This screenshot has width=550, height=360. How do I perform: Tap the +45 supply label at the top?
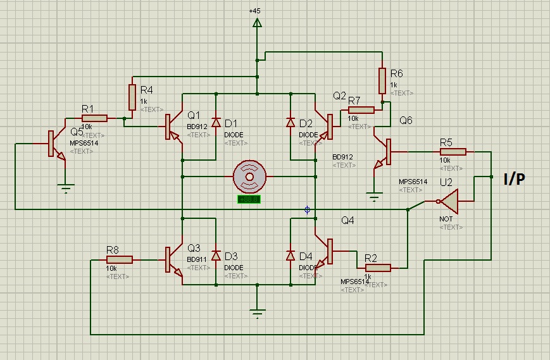pyautogui.click(x=255, y=11)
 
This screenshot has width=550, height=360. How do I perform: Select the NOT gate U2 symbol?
pyautogui.click(x=451, y=202)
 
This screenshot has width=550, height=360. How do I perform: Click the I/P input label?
pyautogui.click(x=513, y=180)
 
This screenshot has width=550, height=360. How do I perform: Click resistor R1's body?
pyautogui.click(x=95, y=118)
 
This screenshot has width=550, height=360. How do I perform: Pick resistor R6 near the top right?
pyautogui.click(x=382, y=80)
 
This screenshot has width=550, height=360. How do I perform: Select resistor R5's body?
pyautogui.click(x=453, y=151)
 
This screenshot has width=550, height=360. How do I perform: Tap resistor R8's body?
pyautogui.click(x=120, y=259)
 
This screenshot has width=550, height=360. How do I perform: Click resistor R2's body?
pyautogui.click(x=378, y=268)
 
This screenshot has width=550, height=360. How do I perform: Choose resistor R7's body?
pyautogui.click(x=361, y=109)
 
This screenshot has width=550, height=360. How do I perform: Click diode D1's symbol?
pyautogui.click(x=216, y=122)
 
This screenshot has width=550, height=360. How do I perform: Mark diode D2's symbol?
pyautogui.click(x=291, y=122)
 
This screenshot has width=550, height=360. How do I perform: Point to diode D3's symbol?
pyautogui.click(x=216, y=256)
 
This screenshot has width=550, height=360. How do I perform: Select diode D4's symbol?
pyautogui.click(x=291, y=256)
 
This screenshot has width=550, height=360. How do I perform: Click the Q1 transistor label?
pyautogui.click(x=194, y=115)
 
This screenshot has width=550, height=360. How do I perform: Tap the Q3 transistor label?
pyautogui.click(x=194, y=248)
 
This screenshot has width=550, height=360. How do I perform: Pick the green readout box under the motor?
pyautogui.click(x=248, y=199)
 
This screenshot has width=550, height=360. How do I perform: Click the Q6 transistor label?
pyautogui.click(x=406, y=121)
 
